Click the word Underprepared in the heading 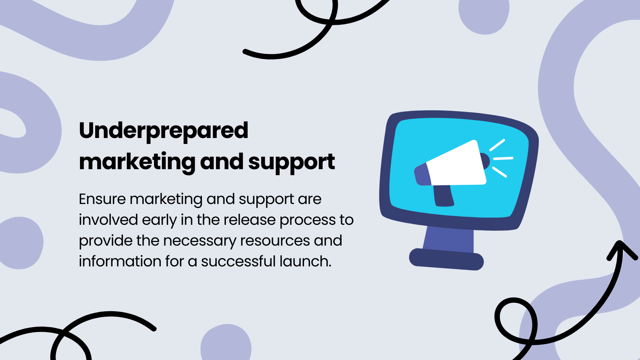click(x=164, y=131)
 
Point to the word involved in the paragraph click(x=108, y=220)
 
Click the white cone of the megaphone click(x=456, y=164)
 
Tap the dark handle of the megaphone click(x=443, y=196)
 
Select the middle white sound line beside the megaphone click(x=503, y=159)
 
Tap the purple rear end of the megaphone click(x=422, y=175)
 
